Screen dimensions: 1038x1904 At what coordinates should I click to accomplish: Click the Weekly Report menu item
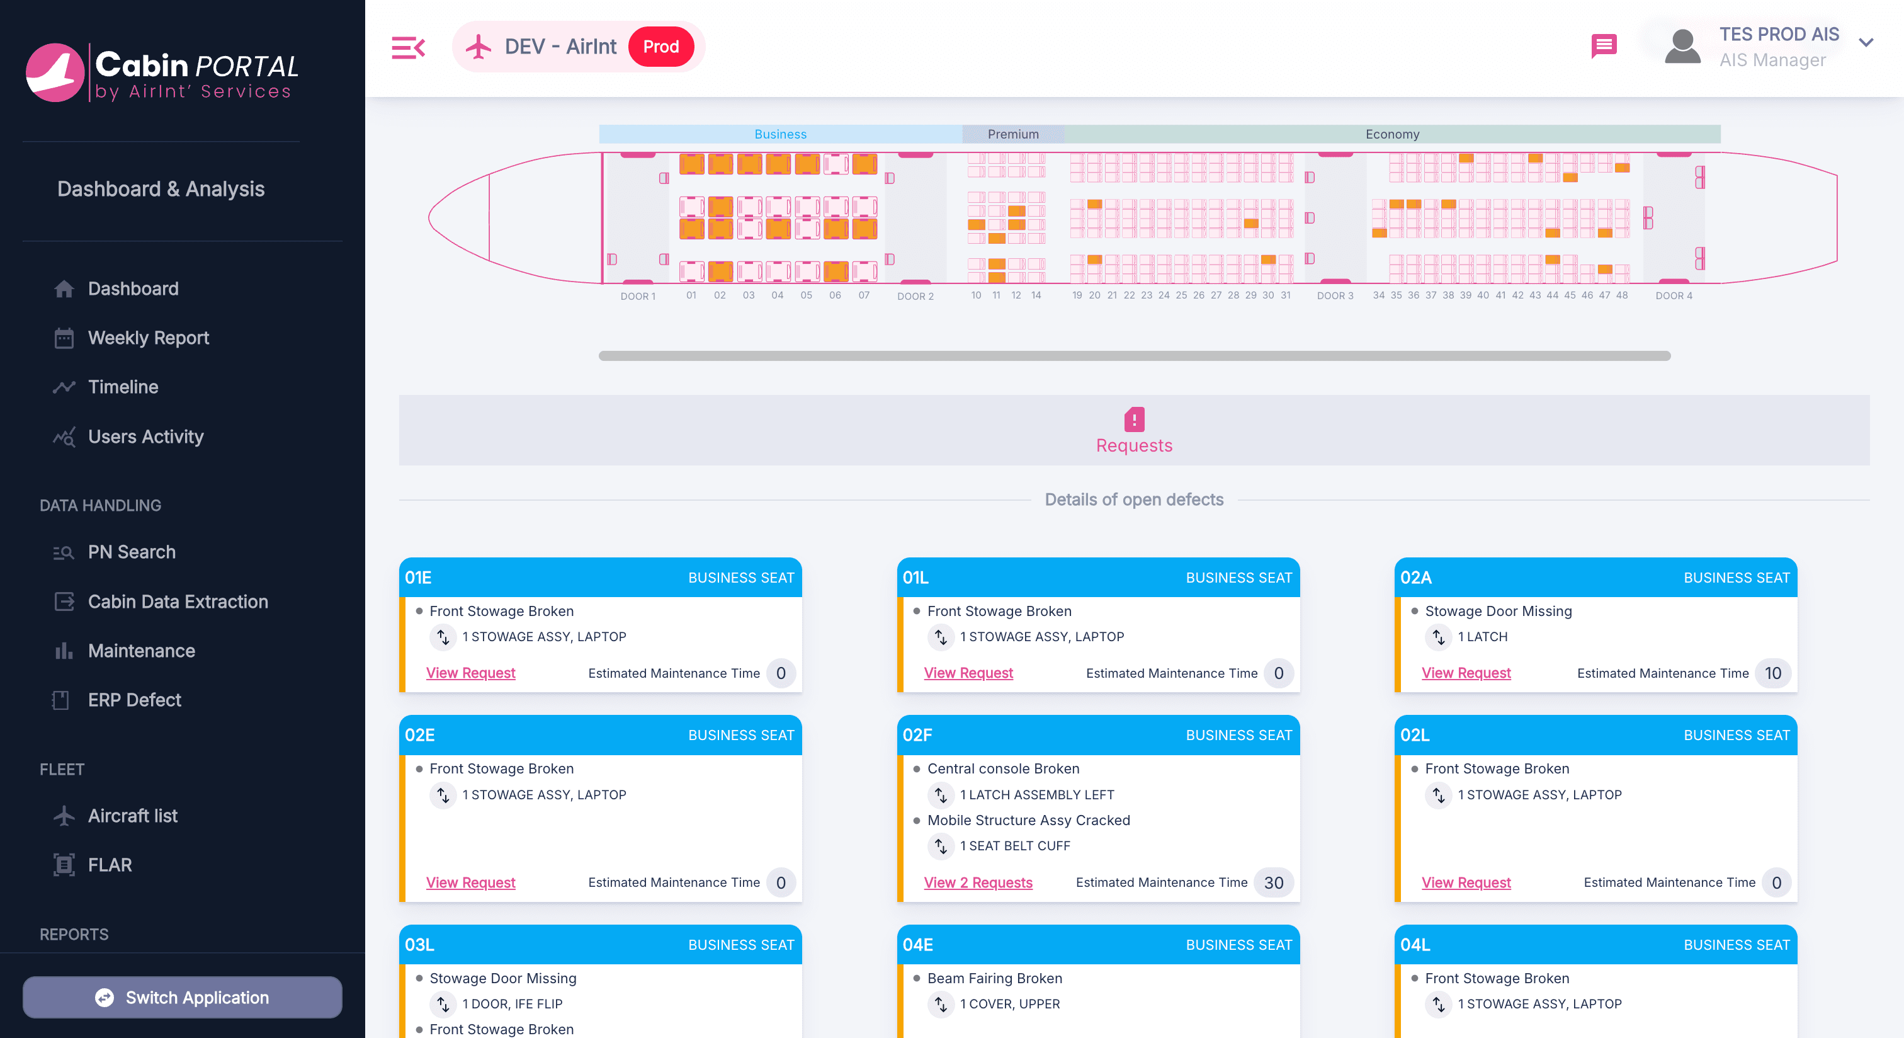148,338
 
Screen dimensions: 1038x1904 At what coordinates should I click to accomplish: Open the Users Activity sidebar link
145,436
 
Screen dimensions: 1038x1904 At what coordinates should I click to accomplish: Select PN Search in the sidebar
132,552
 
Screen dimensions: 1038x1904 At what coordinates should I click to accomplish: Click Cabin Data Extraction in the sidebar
178,602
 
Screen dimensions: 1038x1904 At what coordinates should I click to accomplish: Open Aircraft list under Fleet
132,816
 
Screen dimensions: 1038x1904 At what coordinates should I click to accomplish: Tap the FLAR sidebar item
110,865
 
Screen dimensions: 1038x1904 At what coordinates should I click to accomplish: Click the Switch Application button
183,997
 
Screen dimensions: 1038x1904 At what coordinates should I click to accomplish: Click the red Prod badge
660,47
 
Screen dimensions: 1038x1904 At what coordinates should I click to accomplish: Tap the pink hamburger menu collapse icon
408,47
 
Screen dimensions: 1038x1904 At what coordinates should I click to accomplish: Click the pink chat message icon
1603,46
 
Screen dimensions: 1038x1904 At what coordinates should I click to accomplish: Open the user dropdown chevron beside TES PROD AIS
1866,43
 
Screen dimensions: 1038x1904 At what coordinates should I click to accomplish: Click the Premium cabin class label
1012,134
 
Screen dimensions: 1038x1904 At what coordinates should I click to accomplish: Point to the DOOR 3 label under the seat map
1335,296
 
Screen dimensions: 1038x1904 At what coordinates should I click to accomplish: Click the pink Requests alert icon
1134,419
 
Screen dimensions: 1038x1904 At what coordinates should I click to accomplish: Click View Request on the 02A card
1466,673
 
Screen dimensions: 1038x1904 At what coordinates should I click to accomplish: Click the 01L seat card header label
915,578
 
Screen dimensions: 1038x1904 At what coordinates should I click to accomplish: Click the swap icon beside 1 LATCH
1437,637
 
